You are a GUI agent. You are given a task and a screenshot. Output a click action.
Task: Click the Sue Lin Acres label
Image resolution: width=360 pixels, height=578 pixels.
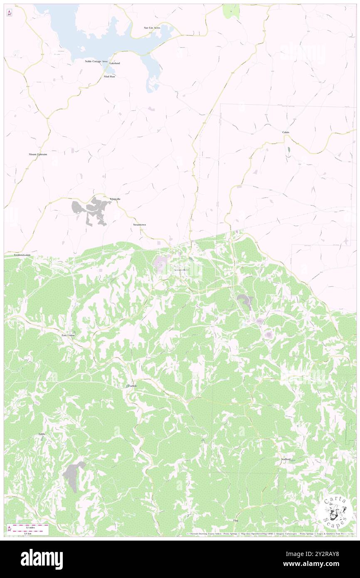click(152, 28)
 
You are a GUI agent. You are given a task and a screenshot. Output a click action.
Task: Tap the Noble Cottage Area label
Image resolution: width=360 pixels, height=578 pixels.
click(96, 61)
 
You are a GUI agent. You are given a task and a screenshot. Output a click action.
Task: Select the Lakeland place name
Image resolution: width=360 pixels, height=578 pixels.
click(115, 63)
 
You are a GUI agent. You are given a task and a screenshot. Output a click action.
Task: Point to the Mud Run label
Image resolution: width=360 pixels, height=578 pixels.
click(109, 77)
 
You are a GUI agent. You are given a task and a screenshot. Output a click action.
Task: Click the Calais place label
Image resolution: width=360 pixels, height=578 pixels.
click(286, 132)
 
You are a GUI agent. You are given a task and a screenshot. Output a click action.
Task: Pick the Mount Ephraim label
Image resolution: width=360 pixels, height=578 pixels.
click(38, 154)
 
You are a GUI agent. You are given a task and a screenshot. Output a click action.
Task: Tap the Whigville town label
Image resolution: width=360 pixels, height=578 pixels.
click(115, 199)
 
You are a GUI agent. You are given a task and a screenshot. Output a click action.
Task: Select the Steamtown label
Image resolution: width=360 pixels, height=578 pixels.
click(139, 225)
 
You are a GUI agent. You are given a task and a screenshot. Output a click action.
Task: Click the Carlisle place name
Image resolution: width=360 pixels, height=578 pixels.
click(132, 386)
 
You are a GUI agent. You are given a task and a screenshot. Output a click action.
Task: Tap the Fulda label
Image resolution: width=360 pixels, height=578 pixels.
click(42, 434)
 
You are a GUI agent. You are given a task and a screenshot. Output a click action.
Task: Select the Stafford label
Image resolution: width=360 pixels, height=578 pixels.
click(285, 459)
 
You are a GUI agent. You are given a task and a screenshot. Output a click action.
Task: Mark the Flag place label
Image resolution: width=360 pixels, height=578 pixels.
click(236, 520)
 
